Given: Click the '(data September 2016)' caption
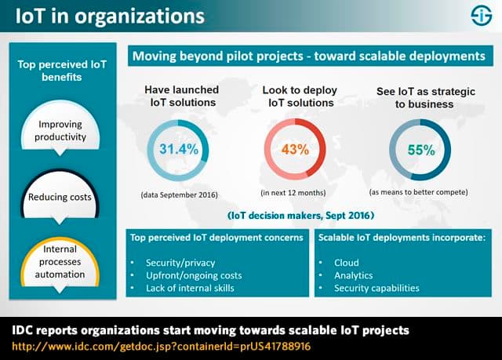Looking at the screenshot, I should [178, 193].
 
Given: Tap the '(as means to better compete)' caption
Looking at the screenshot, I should [420, 193].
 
